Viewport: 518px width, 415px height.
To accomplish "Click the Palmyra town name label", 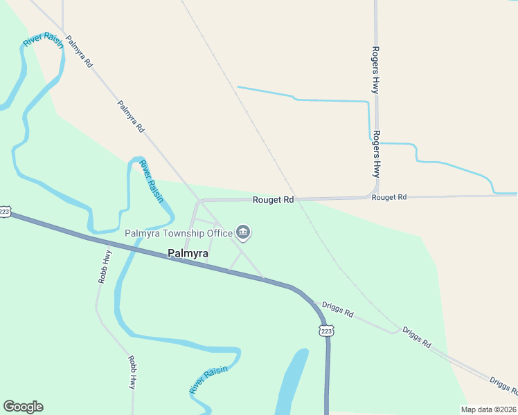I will pos(188,254).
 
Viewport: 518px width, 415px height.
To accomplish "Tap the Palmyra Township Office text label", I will pos(178,233).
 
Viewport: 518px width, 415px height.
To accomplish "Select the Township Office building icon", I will pos(243,232).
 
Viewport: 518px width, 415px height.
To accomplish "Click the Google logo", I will pos(23,407).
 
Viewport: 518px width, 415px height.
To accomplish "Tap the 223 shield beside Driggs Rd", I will pos(327,331).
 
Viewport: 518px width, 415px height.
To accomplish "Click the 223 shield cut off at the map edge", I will pos(4,212).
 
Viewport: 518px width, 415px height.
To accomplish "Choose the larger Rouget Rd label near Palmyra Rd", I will pos(273,200).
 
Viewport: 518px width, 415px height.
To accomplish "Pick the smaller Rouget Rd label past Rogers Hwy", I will pos(388,197).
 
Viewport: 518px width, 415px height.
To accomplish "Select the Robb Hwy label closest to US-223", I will pos(104,266).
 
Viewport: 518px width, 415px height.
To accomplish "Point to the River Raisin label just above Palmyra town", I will pos(152,181).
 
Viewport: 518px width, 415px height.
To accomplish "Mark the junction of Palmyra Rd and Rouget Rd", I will pos(199,201).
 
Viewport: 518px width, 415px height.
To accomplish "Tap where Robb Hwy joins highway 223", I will pos(109,243).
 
